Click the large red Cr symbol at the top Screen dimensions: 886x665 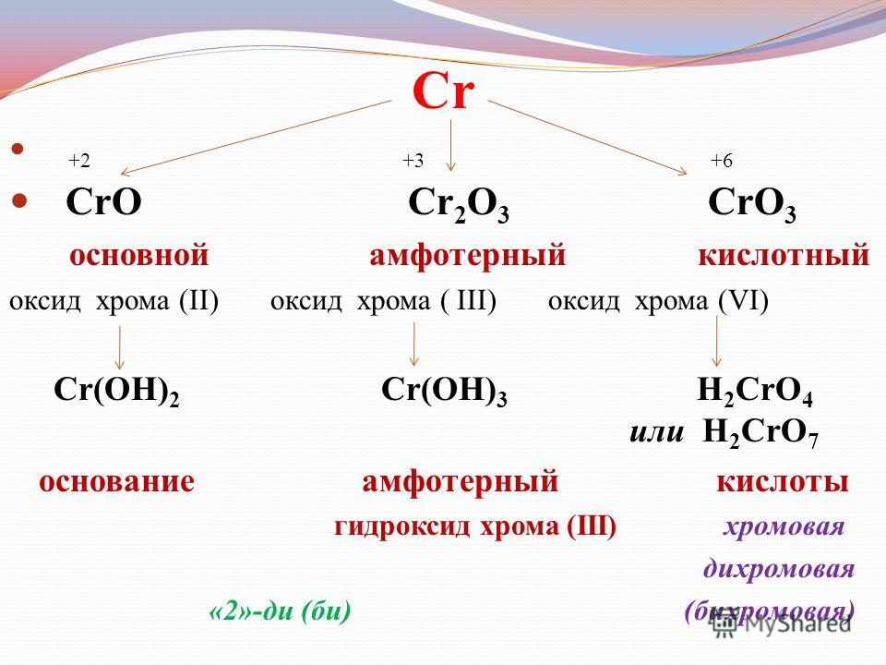pos(443,91)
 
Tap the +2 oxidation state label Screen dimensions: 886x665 pos(79,161)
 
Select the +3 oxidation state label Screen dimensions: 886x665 pos(413,161)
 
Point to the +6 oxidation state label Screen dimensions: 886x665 pos(721,161)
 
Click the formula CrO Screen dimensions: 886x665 pos(103,202)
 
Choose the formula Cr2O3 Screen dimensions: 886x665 pos(459,205)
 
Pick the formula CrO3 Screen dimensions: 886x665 pos(752,205)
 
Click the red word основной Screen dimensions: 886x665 pos(139,256)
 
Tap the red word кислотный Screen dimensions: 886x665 pos(784,256)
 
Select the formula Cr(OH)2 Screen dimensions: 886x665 pos(116,392)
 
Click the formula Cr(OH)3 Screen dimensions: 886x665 pos(444,392)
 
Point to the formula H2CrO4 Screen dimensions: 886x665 pos(755,392)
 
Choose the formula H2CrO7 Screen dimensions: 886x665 pos(760,434)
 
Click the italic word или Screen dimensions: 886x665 pos(656,432)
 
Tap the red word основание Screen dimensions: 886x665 pos(116,482)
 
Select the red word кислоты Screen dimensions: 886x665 pos(783,482)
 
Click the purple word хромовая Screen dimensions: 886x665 pos(784,527)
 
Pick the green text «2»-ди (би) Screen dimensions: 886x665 pos(280,611)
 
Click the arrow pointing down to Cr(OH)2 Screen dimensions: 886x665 pos(119,348)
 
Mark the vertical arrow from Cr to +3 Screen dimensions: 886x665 pos(450,145)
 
